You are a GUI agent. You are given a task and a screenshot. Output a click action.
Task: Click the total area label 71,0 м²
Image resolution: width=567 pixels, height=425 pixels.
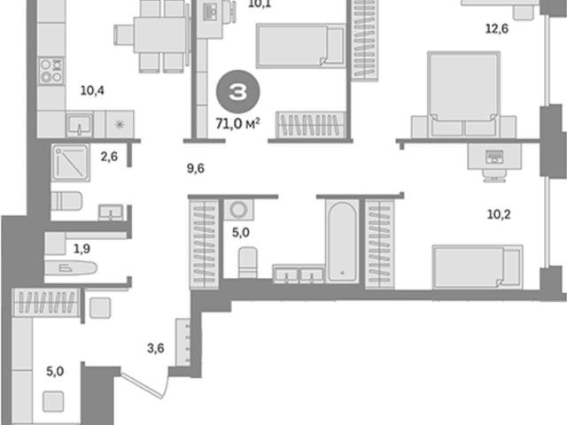237,124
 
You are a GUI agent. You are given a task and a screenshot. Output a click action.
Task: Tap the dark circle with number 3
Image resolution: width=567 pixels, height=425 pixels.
238,92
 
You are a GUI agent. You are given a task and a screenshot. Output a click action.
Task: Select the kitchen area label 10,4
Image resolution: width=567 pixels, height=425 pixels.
92,90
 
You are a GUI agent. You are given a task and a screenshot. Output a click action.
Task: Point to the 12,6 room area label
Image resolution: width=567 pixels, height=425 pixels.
496,28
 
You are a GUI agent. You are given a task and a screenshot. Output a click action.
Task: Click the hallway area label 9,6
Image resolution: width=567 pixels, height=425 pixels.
195,168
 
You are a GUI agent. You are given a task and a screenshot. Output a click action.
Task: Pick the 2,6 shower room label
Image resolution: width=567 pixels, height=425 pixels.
109,157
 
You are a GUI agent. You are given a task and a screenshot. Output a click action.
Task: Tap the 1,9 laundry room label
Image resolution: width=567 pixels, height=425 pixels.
82,249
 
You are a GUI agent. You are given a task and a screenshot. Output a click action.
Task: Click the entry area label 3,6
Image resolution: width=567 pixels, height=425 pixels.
156,348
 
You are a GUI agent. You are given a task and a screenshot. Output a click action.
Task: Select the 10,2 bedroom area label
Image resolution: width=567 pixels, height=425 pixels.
499,214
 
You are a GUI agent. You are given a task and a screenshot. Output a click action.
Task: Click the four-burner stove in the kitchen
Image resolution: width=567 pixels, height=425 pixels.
51,71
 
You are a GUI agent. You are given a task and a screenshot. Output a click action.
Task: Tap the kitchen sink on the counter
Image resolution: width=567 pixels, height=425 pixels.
79,125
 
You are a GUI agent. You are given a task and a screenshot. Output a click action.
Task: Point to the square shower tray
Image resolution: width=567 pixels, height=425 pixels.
71,163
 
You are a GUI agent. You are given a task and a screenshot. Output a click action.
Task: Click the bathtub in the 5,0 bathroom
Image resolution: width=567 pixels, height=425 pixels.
342,242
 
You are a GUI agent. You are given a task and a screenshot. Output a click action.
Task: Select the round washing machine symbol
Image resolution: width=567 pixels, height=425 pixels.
238,209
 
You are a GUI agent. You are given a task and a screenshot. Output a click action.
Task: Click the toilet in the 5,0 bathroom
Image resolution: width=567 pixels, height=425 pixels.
248,262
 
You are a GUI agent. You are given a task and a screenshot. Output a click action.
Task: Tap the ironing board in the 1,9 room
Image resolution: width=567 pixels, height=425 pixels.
71,268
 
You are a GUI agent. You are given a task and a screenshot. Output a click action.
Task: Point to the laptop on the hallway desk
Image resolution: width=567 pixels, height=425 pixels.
494,157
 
